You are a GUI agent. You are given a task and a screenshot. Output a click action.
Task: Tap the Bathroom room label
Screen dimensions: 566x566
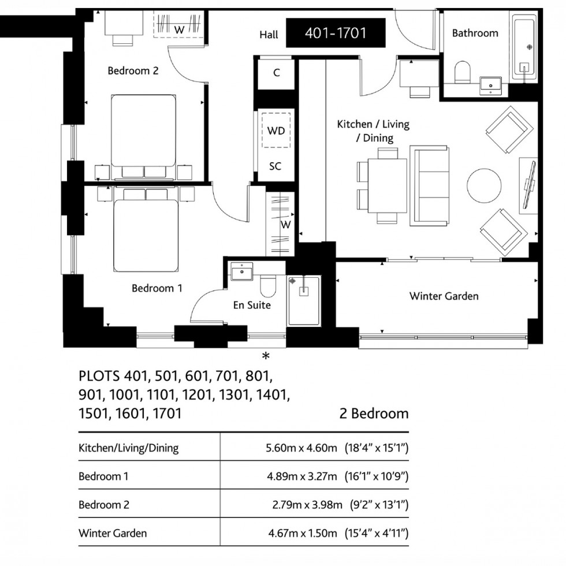click(475, 33)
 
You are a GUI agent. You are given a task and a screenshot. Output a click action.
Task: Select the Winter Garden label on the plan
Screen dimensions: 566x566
click(444, 296)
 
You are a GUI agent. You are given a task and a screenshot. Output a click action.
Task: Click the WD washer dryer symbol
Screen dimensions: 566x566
click(276, 130)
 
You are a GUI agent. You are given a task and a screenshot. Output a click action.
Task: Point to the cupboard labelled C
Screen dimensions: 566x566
click(276, 73)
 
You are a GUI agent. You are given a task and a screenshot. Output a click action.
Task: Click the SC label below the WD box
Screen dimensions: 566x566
click(275, 166)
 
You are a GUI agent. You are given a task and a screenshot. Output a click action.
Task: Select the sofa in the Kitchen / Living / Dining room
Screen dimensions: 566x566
click(429, 186)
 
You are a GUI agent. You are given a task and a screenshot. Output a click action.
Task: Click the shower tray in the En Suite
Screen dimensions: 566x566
click(304, 300)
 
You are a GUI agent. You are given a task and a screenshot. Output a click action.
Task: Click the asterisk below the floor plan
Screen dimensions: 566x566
click(266, 355)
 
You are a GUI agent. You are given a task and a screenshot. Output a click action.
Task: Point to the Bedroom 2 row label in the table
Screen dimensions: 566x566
click(104, 505)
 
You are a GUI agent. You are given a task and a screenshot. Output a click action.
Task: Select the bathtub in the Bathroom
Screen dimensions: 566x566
click(524, 48)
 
